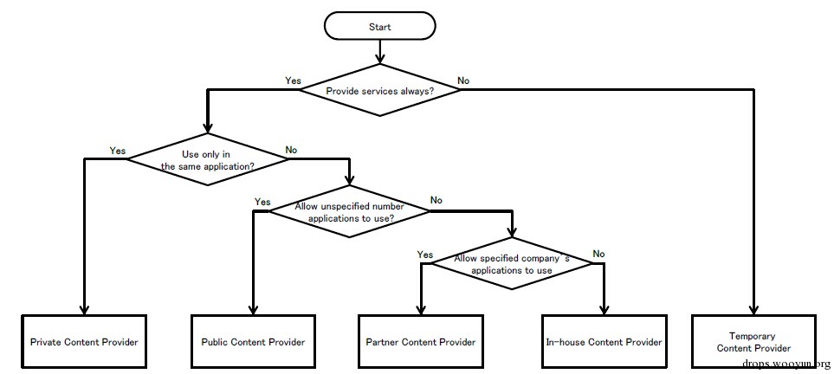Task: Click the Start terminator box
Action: (x=380, y=26)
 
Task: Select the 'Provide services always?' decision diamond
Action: (x=380, y=90)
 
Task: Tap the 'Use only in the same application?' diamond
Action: (x=207, y=159)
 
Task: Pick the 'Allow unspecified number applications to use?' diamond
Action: (x=349, y=211)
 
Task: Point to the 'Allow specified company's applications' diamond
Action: (x=512, y=263)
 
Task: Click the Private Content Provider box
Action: (x=84, y=342)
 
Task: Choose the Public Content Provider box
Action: (x=253, y=342)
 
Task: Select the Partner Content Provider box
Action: (x=421, y=342)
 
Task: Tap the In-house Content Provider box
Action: (x=604, y=342)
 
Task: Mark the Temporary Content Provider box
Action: (x=753, y=342)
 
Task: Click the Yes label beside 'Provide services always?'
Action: (x=293, y=81)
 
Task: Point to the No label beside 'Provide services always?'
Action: (x=463, y=81)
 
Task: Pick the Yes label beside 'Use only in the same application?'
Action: (x=118, y=151)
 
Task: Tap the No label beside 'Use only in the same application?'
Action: (x=291, y=150)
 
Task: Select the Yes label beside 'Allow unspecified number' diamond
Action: (x=262, y=203)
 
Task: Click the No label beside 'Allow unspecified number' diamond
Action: (x=436, y=201)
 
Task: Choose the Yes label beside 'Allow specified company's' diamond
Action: (x=425, y=255)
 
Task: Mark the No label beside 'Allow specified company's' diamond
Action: (x=599, y=254)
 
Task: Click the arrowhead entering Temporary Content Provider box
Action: (x=753, y=309)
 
